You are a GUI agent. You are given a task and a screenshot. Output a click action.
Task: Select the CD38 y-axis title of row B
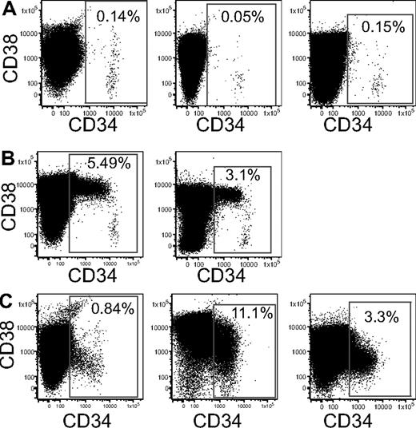(12, 207)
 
